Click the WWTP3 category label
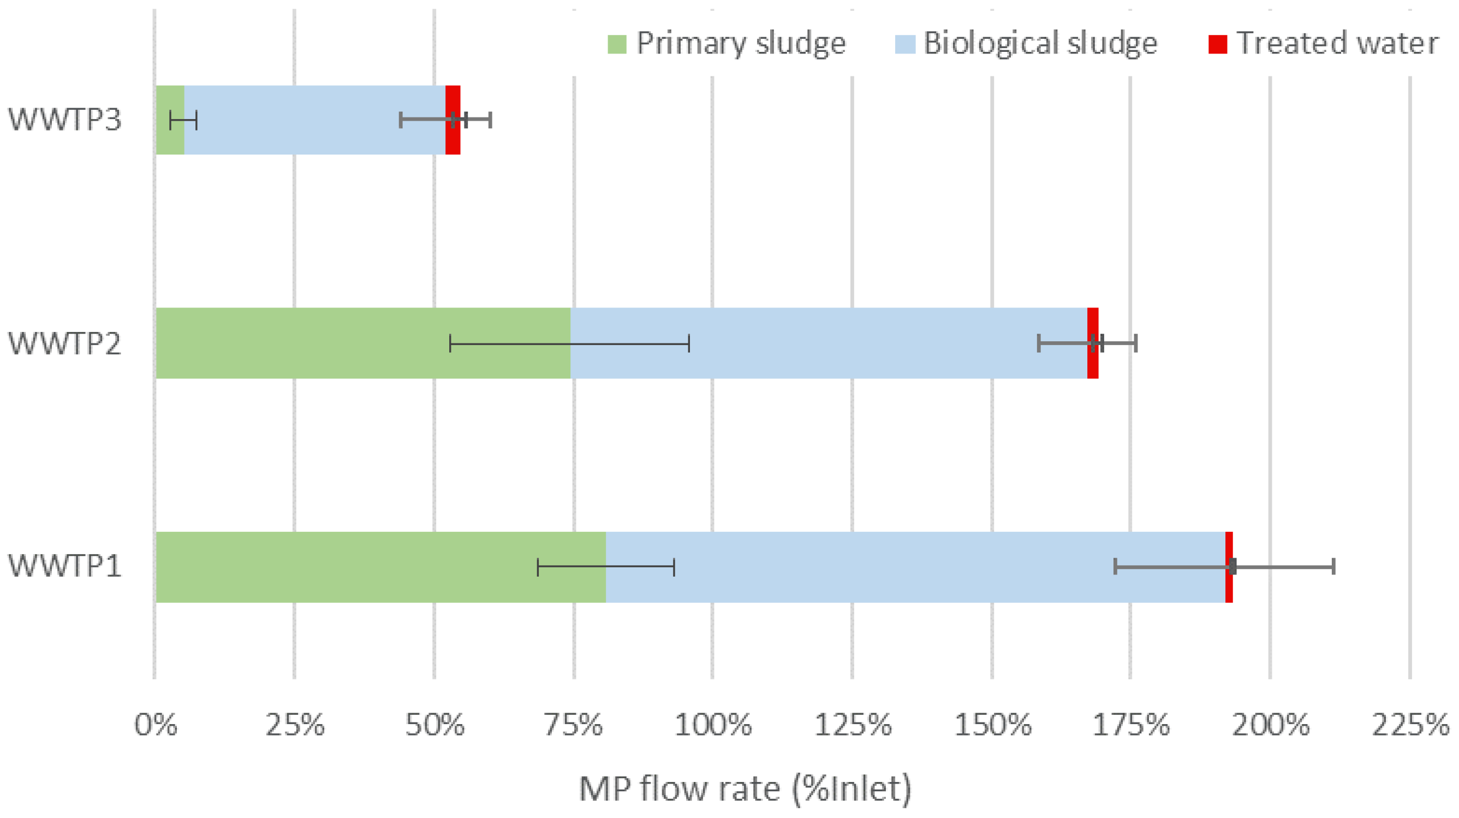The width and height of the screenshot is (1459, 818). pyautogui.click(x=64, y=120)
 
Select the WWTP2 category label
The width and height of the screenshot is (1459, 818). pyautogui.click(x=64, y=343)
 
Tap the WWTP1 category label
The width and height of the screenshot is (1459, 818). pyautogui.click(x=64, y=566)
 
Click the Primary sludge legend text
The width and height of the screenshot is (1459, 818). pyautogui.click(x=741, y=44)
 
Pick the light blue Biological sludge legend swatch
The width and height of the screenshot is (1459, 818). pyautogui.click(x=905, y=44)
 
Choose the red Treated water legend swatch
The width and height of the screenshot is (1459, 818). pyautogui.click(x=1218, y=44)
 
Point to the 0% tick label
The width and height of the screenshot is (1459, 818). pyautogui.click(x=155, y=725)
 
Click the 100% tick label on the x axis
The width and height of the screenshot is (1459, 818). pyautogui.click(x=713, y=725)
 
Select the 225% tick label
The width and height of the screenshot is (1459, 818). pyautogui.click(x=1410, y=725)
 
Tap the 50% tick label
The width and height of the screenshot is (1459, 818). pyautogui.click(x=434, y=725)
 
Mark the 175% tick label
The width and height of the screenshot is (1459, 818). pyautogui.click(x=1130, y=725)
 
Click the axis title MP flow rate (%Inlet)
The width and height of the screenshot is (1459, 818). pyautogui.click(x=745, y=789)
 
